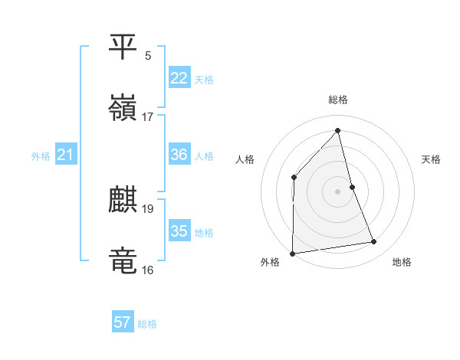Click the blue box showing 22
[179, 77]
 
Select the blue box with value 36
[179, 154]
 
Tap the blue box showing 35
[179, 231]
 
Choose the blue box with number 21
[66, 155]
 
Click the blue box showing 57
[123, 322]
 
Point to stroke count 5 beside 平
[148, 55]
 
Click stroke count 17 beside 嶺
[148, 116]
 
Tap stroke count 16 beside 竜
[148, 270]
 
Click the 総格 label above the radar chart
[337, 100]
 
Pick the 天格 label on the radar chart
[431, 159]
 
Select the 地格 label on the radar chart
[402, 262]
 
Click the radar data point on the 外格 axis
[292, 253]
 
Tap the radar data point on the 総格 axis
[337, 130]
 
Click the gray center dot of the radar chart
[337, 191]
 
